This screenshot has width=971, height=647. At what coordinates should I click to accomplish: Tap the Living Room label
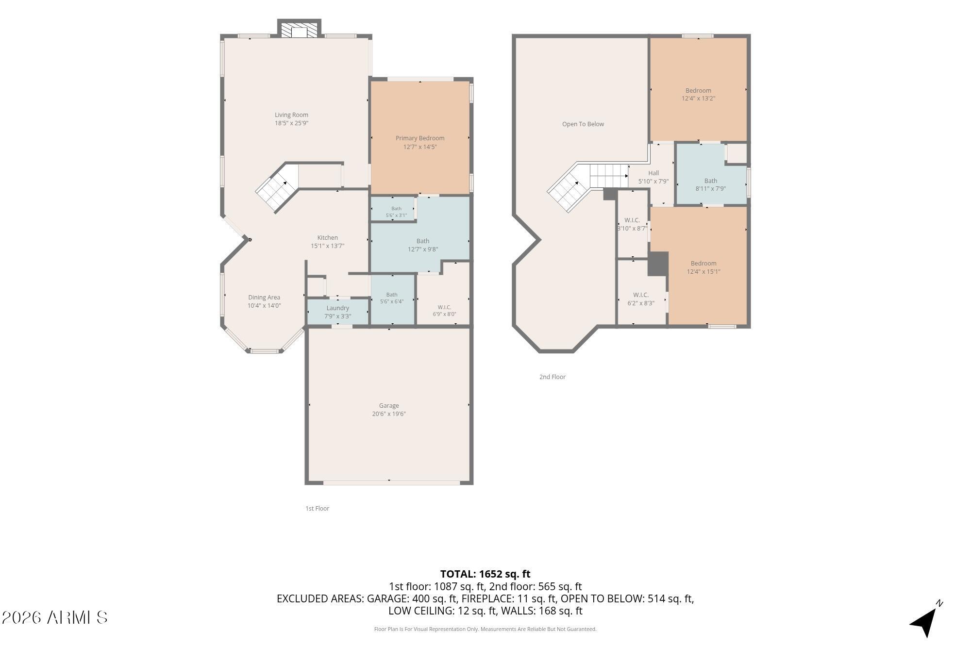(x=291, y=115)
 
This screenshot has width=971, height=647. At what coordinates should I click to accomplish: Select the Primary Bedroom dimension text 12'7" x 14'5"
(x=420, y=147)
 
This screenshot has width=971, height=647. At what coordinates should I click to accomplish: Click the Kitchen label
(x=328, y=238)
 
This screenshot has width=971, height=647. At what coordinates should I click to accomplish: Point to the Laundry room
(x=338, y=312)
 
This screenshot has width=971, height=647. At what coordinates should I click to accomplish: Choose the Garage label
(x=389, y=406)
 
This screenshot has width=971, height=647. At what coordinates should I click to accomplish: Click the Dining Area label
(x=264, y=298)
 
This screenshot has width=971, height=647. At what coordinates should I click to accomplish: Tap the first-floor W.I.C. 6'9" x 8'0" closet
(x=444, y=294)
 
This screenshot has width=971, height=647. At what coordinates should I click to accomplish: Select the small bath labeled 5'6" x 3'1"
(x=393, y=209)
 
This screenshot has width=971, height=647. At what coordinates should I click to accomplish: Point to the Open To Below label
(x=583, y=124)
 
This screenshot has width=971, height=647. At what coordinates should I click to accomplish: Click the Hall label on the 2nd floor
(x=653, y=173)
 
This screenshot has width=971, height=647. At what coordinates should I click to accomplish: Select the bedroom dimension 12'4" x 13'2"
(x=698, y=99)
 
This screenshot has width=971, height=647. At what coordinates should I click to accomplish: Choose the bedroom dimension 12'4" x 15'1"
(x=703, y=272)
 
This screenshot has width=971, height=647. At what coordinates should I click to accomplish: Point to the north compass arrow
(x=925, y=620)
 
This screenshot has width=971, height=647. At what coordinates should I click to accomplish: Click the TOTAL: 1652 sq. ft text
(x=485, y=574)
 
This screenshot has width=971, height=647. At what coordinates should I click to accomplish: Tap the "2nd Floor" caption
(x=552, y=377)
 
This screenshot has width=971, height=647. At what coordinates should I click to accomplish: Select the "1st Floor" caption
(x=317, y=509)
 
